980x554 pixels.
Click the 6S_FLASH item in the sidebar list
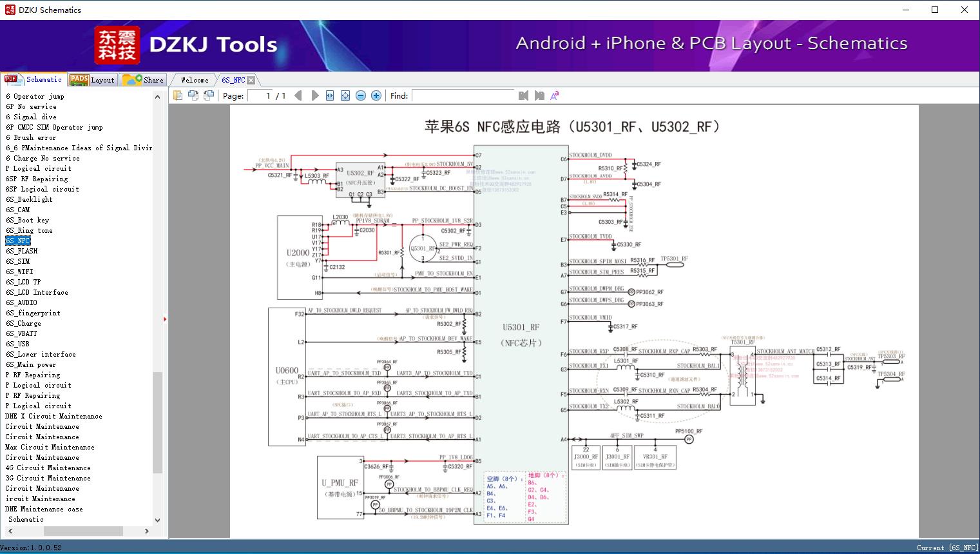[x=22, y=251]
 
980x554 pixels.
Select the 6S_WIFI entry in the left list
[x=19, y=272]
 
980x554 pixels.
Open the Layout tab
[x=92, y=80]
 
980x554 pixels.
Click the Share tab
[x=144, y=80]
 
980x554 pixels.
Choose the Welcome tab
[x=195, y=80]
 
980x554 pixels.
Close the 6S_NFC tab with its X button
[x=251, y=80]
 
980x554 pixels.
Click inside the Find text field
[x=463, y=95]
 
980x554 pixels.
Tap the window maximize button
[x=935, y=10]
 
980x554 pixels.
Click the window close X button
[x=965, y=10]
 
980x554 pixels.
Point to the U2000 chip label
[x=298, y=253]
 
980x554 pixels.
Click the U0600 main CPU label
[x=287, y=370]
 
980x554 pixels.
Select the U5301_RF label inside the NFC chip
[x=521, y=328]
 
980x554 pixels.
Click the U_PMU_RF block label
[x=340, y=482]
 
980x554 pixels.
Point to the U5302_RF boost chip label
[x=360, y=173]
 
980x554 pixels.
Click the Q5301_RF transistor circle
[x=423, y=249]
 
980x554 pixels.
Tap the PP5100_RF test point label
[x=689, y=431]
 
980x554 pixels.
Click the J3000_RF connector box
[x=586, y=457]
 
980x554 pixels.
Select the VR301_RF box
[x=655, y=457]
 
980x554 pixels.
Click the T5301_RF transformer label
[x=742, y=342]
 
